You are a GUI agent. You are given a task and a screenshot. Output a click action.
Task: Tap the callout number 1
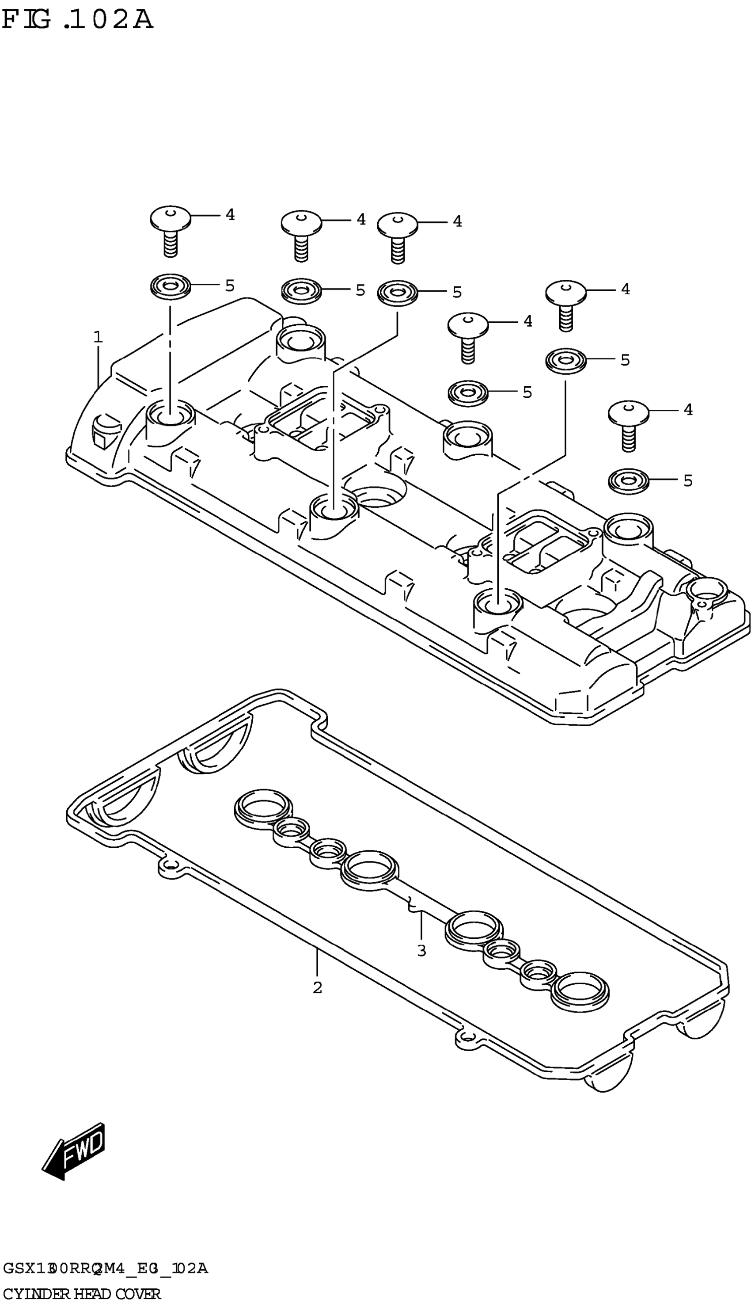98,338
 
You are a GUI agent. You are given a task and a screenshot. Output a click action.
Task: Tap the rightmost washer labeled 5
628,481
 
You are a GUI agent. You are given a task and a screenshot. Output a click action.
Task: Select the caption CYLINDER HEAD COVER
83,1290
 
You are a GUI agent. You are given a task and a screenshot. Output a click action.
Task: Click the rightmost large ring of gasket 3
580,990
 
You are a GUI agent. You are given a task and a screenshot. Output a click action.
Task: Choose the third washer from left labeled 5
397,292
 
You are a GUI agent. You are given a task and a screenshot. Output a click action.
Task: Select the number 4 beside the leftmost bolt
230,215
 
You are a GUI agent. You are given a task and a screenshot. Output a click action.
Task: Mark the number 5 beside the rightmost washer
687,481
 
